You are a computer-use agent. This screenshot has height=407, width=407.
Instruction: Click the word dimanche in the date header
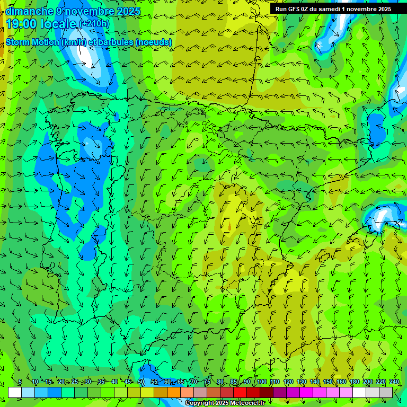click(30, 11)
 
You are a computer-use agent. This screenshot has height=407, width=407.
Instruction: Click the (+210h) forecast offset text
click(94, 24)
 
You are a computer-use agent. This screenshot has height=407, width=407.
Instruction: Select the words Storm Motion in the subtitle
click(32, 42)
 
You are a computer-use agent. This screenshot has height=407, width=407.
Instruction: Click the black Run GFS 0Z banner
click(333, 9)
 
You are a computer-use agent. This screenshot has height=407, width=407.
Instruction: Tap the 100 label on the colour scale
click(262, 382)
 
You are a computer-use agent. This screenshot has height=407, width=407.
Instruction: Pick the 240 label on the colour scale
click(394, 382)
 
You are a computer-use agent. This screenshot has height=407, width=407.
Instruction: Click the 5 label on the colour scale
click(20, 382)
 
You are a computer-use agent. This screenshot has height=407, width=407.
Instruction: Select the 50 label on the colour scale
click(141, 382)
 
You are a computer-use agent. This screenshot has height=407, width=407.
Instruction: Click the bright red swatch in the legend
click(240, 392)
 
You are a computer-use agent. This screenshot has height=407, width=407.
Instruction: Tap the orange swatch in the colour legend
click(174, 392)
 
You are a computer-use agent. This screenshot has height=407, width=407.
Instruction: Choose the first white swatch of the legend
click(15, 392)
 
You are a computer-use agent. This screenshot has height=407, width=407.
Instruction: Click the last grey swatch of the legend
click(386, 392)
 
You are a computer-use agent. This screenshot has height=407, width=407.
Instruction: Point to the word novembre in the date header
click(90, 11)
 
